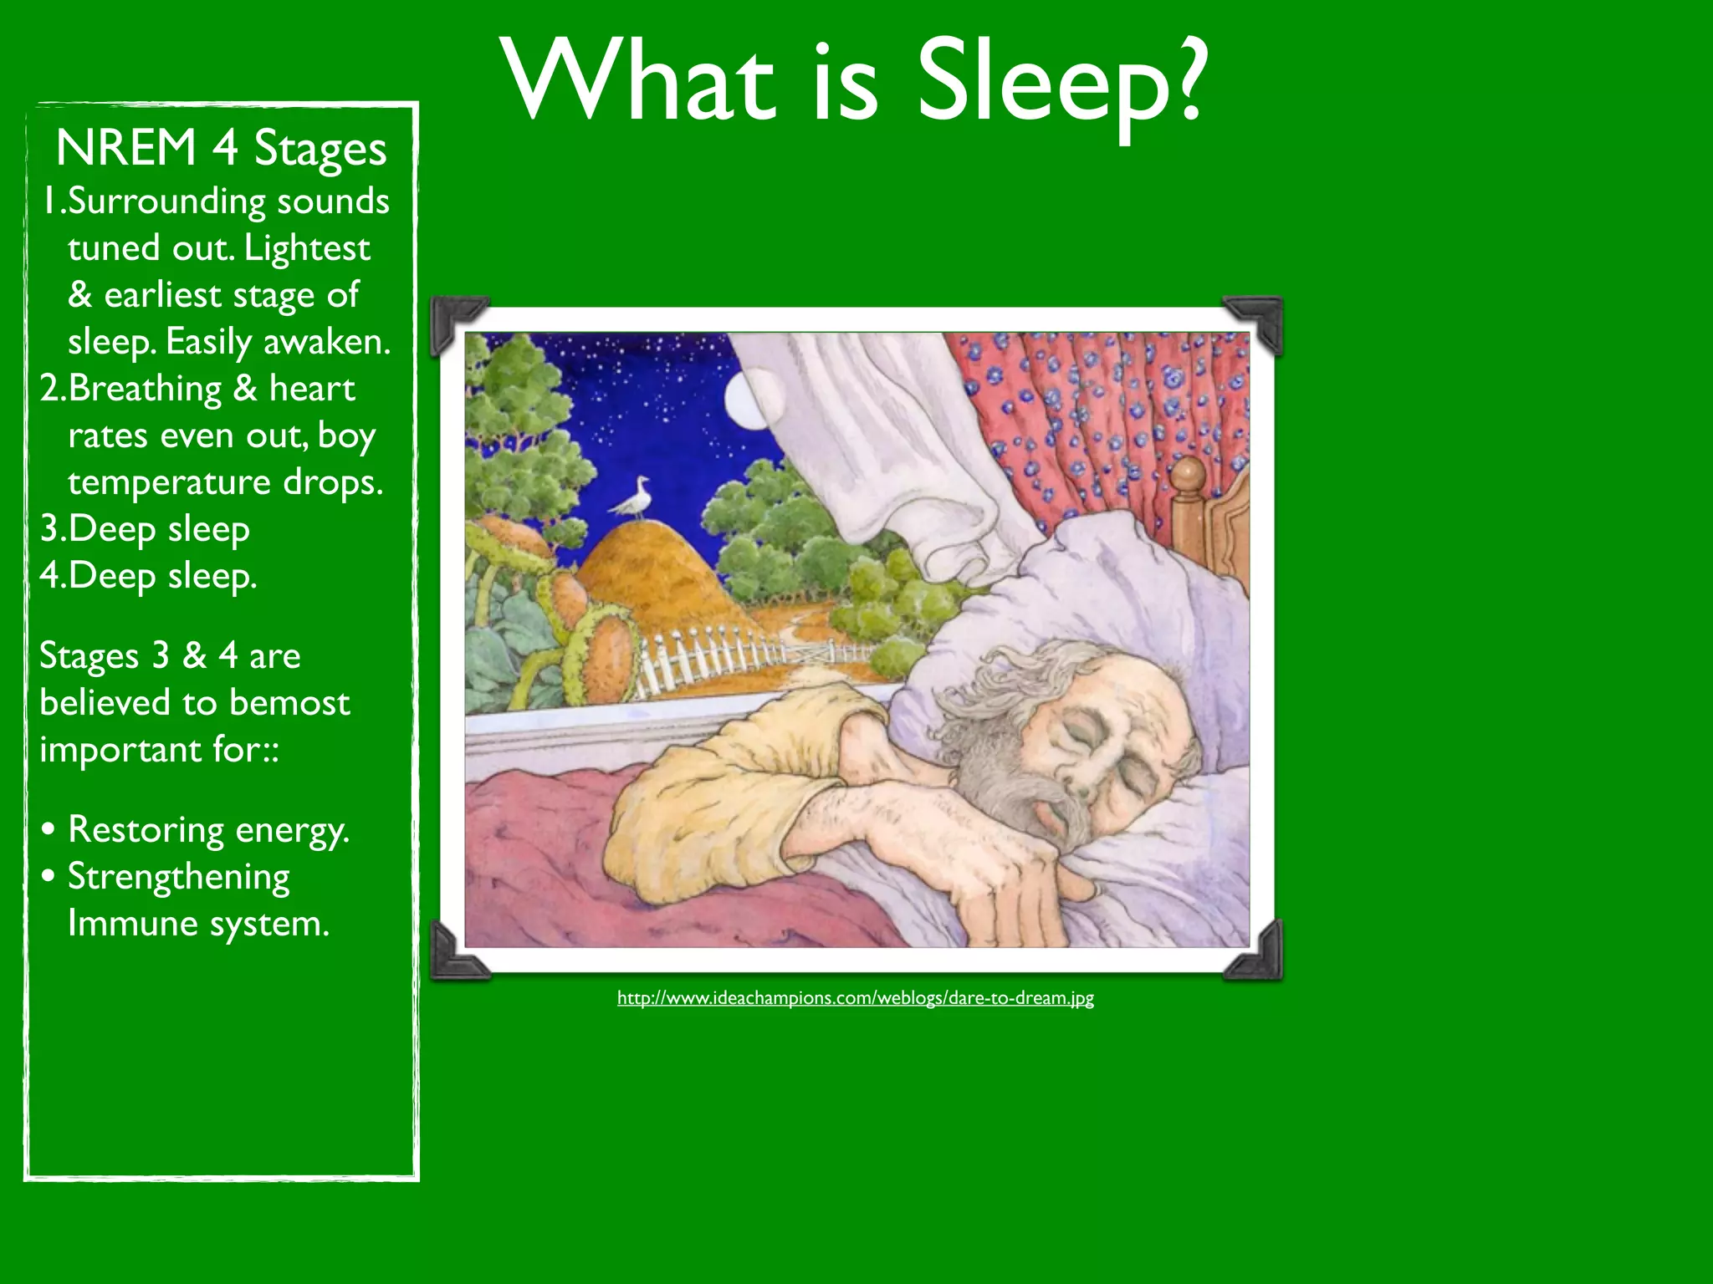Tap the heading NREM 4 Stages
click(221, 149)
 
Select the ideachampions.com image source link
click(855, 997)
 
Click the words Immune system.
click(198, 924)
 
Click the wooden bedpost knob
click(1188, 476)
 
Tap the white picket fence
click(711, 660)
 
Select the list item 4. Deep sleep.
click(149, 576)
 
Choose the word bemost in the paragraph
click(289, 703)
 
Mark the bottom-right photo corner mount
click(1255, 953)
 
